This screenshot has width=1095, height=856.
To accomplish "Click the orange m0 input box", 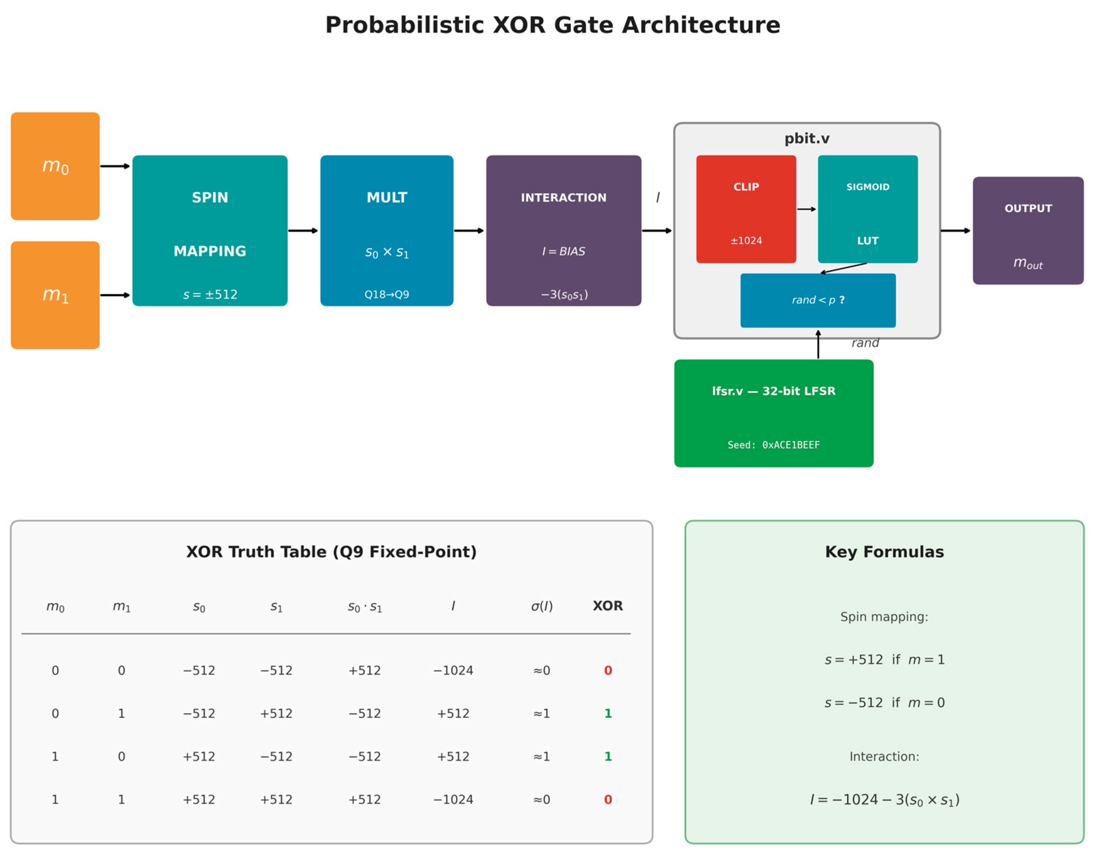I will (55, 166).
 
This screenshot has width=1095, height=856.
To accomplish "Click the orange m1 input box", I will (55, 295).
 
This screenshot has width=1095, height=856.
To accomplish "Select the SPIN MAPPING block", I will (210, 230).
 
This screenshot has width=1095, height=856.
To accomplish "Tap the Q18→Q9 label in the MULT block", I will (387, 295).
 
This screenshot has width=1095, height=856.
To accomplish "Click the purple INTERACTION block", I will (564, 230).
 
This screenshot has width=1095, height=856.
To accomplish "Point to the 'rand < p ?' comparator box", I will (818, 300).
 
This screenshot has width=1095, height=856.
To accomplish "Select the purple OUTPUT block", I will (1028, 230).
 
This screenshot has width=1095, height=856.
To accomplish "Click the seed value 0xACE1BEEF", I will (791, 445).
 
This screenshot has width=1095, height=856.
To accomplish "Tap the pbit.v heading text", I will (807, 139).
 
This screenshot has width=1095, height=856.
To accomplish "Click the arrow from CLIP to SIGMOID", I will (806, 209).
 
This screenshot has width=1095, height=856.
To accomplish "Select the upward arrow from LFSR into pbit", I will (818, 345).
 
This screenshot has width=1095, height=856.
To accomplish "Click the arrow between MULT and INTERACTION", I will (469, 231).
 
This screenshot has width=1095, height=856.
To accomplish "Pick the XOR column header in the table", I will (608, 606).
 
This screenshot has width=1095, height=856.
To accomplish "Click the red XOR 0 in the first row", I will (608, 670).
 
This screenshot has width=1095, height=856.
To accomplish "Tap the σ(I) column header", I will (542, 606).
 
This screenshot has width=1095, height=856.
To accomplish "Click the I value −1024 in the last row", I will (453, 799).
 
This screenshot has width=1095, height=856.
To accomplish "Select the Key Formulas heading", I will (884, 552).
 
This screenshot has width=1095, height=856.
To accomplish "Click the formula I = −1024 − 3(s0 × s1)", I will (884, 799).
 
